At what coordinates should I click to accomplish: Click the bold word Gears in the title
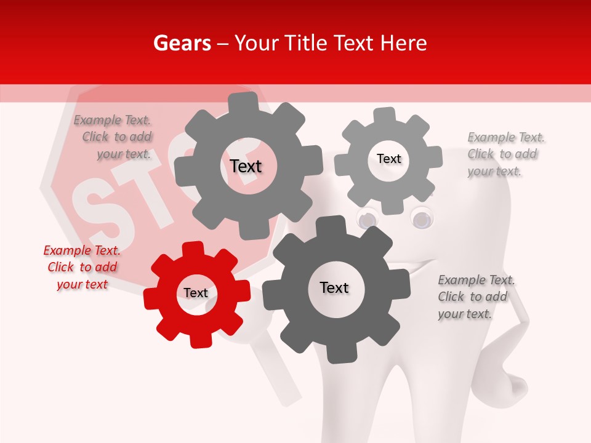pyautogui.click(x=182, y=43)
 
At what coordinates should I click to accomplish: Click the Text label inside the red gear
pyautogui.click(x=196, y=293)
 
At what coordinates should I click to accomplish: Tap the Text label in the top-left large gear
pyautogui.click(x=246, y=166)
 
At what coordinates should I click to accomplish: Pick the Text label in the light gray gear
pyautogui.click(x=388, y=159)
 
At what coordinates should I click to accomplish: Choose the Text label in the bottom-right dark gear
pyautogui.click(x=334, y=287)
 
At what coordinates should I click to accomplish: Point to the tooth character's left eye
pyautogui.click(x=368, y=219)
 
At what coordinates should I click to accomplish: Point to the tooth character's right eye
pyautogui.click(x=422, y=217)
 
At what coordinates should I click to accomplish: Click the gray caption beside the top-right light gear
pyautogui.click(x=505, y=154)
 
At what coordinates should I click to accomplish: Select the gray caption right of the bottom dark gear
pyautogui.click(x=476, y=297)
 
